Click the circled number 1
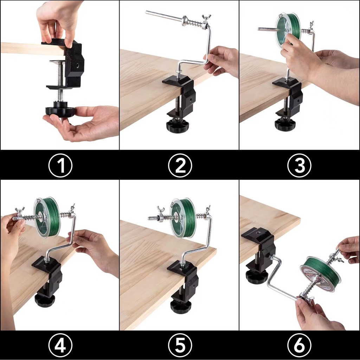[60, 165]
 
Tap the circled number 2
[180, 165]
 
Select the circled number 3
[300, 165]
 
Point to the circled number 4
[60, 345]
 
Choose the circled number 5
[180, 345]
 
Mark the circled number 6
[300, 345]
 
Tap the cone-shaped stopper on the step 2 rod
[186, 21]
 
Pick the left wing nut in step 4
[19, 213]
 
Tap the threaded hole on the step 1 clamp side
[77, 65]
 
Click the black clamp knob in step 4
[45, 299]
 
